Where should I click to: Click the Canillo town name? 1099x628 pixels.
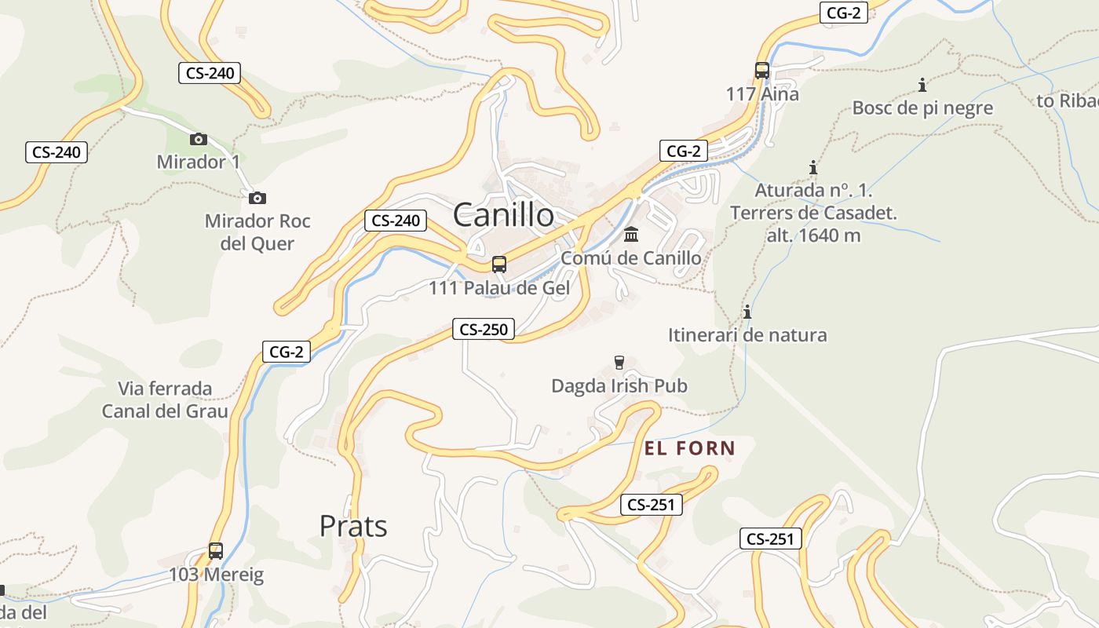tap(503, 214)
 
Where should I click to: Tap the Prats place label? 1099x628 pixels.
tap(353, 526)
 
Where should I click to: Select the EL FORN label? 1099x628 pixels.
tap(690, 449)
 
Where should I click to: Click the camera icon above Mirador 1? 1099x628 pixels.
tap(199, 140)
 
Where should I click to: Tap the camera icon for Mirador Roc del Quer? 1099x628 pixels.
tap(257, 199)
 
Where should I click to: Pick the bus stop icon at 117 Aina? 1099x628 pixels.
tap(762, 71)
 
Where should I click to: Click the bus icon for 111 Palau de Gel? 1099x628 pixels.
tap(499, 265)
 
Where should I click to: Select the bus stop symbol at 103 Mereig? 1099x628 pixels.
tap(216, 551)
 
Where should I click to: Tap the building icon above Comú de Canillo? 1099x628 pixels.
tap(631, 234)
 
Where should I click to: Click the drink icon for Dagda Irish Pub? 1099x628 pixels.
tap(619, 362)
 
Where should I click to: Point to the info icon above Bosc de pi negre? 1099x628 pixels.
tap(922, 85)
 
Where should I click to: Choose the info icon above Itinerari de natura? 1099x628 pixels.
tap(747, 312)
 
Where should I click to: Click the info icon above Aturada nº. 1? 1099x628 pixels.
tap(813, 167)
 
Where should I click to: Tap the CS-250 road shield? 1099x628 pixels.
tap(483, 330)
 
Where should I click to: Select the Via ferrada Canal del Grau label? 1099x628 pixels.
tap(165, 400)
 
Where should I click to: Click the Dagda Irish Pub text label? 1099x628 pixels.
tap(619, 386)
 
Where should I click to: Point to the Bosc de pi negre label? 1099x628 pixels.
tap(922, 108)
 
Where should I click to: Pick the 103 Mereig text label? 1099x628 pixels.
tap(216, 575)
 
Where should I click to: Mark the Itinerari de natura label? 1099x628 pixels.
tap(747, 335)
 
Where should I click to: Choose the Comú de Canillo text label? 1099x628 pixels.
tap(631, 257)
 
